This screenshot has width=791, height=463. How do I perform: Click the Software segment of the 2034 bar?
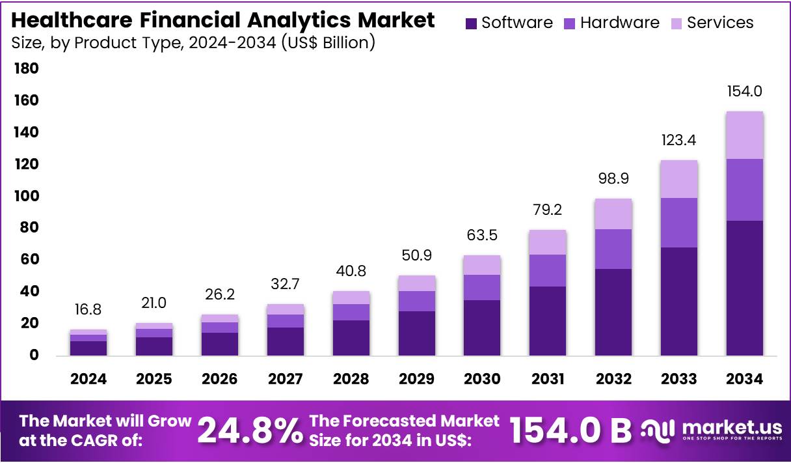[744, 288]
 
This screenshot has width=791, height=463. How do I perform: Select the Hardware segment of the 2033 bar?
[678, 222]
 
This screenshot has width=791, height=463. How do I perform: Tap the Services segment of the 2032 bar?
[613, 214]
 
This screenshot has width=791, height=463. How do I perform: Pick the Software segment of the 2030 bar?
[482, 328]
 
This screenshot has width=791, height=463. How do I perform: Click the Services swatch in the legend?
[677, 23]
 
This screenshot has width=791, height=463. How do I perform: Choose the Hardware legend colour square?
[570, 23]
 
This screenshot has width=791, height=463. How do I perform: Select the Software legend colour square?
[472, 23]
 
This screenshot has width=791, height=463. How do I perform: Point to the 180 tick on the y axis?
[26, 68]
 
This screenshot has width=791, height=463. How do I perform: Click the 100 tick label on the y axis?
[26, 196]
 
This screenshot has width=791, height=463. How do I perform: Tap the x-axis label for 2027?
[285, 379]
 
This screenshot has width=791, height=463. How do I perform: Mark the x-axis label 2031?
[547, 379]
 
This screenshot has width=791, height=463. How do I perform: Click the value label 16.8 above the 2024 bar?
[88, 309]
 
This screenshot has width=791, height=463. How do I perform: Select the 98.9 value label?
[613, 178]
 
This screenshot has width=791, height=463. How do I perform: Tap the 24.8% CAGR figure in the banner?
[250, 430]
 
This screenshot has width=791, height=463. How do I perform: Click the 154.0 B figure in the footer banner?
[570, 430]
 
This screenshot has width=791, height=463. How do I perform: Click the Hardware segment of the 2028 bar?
[351, 312]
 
